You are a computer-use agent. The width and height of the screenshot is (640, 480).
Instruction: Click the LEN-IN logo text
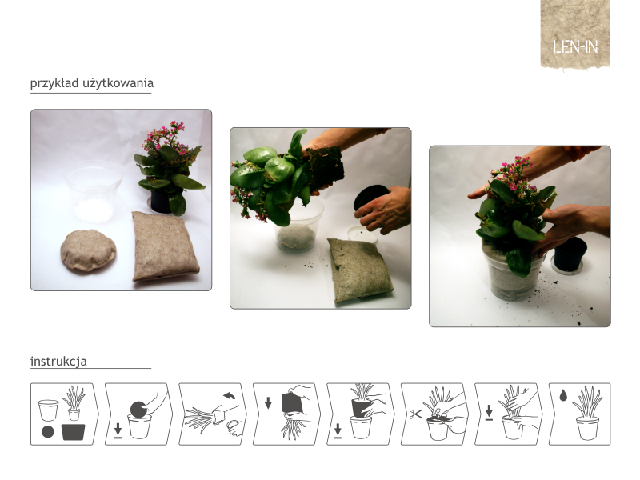[575, 47]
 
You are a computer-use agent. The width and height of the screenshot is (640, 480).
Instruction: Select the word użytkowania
[118, 83]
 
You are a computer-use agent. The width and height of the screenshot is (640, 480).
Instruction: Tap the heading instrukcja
[58, 362]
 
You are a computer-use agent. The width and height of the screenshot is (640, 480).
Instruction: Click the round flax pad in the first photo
[88, 250]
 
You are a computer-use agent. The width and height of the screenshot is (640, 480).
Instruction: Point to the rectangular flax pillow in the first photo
[165, 246]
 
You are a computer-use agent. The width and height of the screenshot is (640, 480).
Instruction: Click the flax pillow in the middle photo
[359, 270]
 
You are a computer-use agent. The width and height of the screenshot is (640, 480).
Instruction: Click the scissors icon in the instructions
[415, 414]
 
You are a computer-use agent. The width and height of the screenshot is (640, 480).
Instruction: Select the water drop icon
[563, 395]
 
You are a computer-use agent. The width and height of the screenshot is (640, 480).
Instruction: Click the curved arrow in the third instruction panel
[229, 395]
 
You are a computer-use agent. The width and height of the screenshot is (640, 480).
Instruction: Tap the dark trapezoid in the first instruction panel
[73, 432]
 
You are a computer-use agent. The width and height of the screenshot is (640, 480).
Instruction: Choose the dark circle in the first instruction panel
[48, 432]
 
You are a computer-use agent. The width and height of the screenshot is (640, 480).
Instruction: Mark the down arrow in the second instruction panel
[118, 430]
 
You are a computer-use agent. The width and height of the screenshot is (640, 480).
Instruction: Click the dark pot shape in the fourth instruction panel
[291, 403]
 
